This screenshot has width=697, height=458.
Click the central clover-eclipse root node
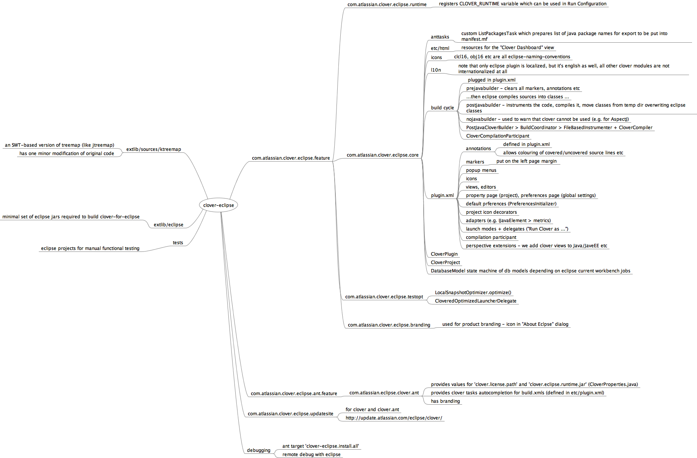coord(218,205)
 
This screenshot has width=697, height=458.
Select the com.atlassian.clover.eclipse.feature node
coord(291,158)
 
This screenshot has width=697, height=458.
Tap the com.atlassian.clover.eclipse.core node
coord(382,155)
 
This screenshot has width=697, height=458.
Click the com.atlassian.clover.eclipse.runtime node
coord(387,5)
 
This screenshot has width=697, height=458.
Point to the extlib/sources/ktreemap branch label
coord(153,149)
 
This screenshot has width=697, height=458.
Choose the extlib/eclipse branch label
coord(168,225)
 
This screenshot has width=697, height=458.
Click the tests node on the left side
coord(178,243)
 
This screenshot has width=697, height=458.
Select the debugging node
coord(258,450)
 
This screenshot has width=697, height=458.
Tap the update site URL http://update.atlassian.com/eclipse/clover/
coord(394,418)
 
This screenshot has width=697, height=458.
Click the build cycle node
coord(442,108)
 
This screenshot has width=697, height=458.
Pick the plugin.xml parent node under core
coord(442,195)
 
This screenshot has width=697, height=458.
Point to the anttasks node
coord(440,37)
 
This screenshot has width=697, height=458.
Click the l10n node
coord(436,70)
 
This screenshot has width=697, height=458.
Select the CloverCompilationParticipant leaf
coord(498,136)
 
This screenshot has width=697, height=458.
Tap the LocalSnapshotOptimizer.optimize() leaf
coord(473,293)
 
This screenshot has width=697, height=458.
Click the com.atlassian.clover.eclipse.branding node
coord(389,325)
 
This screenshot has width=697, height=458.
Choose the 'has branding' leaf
coord(445,401)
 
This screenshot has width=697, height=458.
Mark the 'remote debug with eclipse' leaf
coord(311,455)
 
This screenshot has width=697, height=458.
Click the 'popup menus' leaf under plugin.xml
coord(481,170)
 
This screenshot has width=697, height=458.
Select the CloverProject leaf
coord(445,263)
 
